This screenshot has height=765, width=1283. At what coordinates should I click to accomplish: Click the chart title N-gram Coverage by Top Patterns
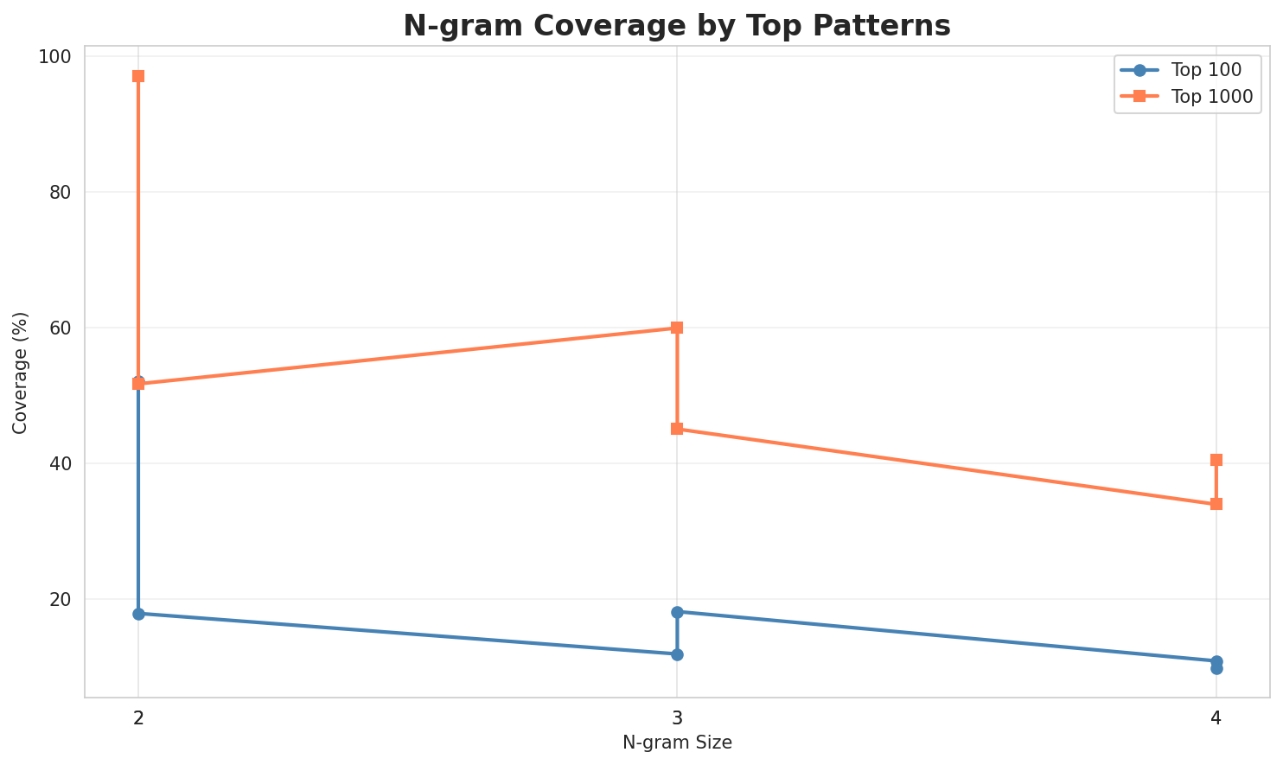[x=677, y=26]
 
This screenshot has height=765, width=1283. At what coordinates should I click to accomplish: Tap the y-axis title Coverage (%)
[x=21, y=373]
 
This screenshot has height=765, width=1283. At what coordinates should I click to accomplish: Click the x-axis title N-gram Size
[x=677, y=743]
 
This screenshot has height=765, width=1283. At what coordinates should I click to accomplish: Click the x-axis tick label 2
[x=138, y=718]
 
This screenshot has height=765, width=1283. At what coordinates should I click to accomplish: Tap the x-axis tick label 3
[x=677, y=718]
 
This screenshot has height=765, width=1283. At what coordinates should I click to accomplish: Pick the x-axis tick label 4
[x=1216, y=718]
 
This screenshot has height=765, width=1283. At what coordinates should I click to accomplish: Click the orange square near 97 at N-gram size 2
[x=138, y=76]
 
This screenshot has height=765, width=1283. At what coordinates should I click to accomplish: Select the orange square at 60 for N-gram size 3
[x=677, y=328]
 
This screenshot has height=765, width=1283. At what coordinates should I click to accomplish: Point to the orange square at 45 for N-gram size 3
[x=677, y=429]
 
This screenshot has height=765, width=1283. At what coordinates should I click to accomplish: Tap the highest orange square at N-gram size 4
[x=1216, y=460]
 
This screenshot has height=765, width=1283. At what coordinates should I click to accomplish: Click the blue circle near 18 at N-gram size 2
[x=138, y=614]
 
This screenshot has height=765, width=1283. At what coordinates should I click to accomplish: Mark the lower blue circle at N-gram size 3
[x=677, y=654]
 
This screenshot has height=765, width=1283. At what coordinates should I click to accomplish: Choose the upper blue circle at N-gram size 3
[x=677, y=612]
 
